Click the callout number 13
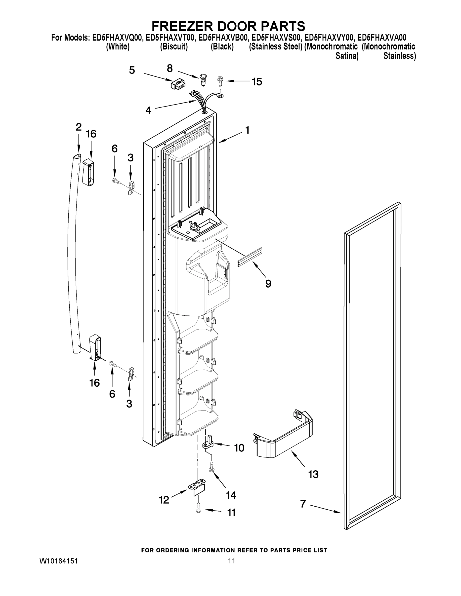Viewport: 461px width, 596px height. pos(313,474)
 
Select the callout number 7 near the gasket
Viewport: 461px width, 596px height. pos(303,504)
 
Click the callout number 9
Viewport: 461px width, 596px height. pos(268,284)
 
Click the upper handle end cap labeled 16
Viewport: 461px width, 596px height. pos(88,173)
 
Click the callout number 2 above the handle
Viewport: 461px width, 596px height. pos(79,127)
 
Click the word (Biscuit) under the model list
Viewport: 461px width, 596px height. pos(174,47)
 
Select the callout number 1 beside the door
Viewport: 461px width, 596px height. pos(247,130)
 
